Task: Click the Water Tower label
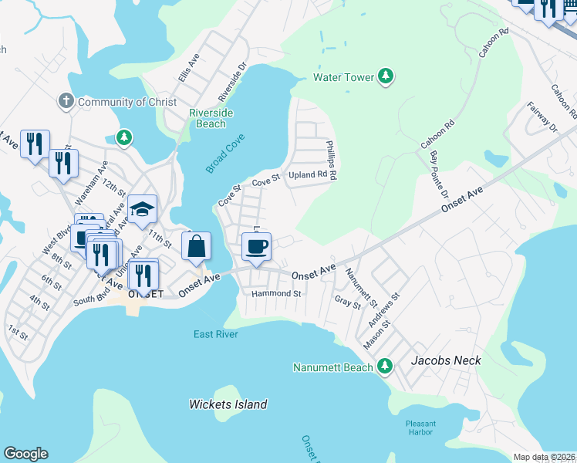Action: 343,77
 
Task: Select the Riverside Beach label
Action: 211,118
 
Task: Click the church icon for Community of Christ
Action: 67,102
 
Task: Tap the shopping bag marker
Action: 197,247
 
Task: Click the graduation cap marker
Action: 143,209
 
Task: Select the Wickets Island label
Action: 228,404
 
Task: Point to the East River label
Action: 215,334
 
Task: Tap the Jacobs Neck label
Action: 446,360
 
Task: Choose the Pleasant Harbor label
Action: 421,428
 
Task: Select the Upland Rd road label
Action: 308,175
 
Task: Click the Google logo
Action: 25,454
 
